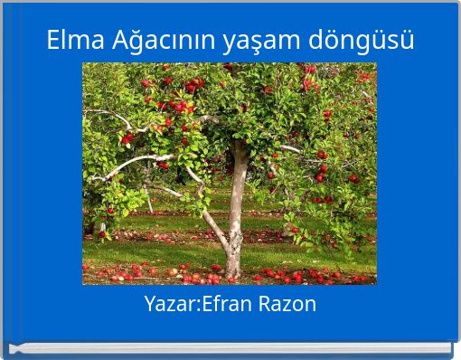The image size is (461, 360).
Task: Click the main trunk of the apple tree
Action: tap(237, 194)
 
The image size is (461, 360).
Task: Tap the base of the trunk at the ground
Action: tap(233, 270)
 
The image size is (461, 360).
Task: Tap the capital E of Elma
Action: tap(54, 41)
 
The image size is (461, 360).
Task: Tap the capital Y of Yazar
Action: tap(150, 304)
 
